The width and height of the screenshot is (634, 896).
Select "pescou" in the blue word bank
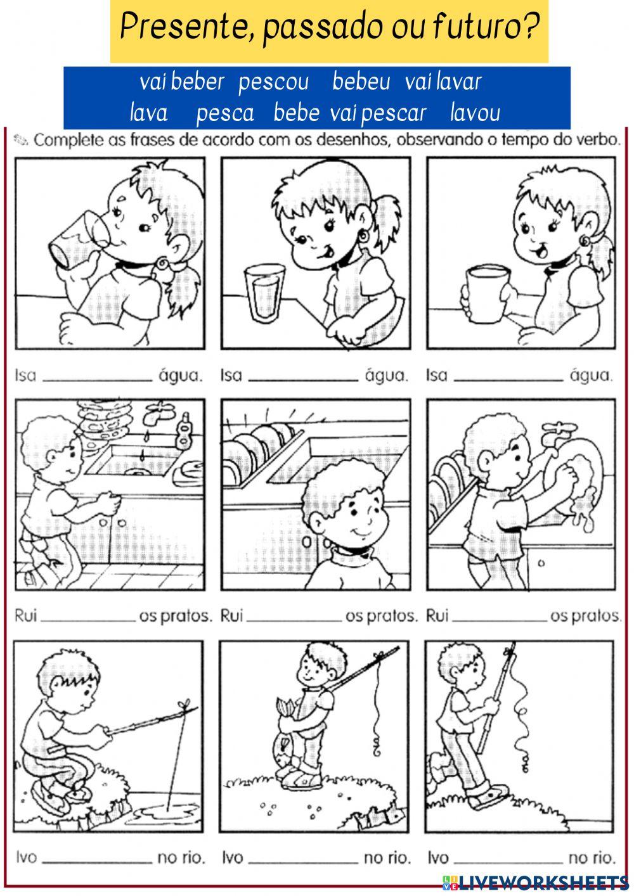[x=273, y=82]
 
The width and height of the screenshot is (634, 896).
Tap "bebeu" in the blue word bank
[x=361, y=82]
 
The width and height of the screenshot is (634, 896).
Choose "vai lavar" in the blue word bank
[x=443, y=82]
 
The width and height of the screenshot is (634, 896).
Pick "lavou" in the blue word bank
[x=475, y=113]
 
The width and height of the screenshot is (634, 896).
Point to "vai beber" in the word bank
[x=182, y=82]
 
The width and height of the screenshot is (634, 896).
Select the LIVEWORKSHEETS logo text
[x=540, y=881]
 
